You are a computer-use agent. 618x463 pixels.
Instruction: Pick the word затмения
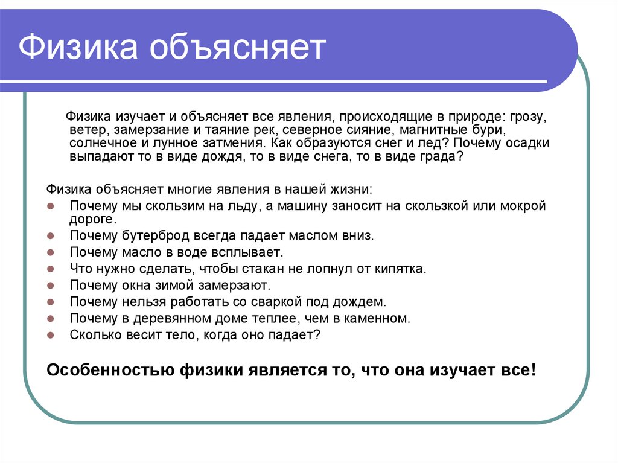click(235, 144)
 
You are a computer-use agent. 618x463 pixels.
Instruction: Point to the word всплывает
click(251, 252)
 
